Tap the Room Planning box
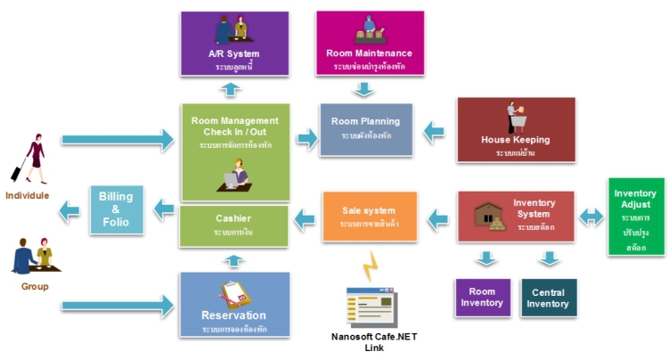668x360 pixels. pos(365,129)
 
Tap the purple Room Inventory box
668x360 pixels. pos(481,298)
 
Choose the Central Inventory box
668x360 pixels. pos(548,298)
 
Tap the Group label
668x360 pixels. pos(35,286)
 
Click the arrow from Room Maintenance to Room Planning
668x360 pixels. pos(362,89)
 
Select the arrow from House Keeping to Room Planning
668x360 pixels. pos(434,131)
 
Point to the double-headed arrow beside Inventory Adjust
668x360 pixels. pos(591,216)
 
